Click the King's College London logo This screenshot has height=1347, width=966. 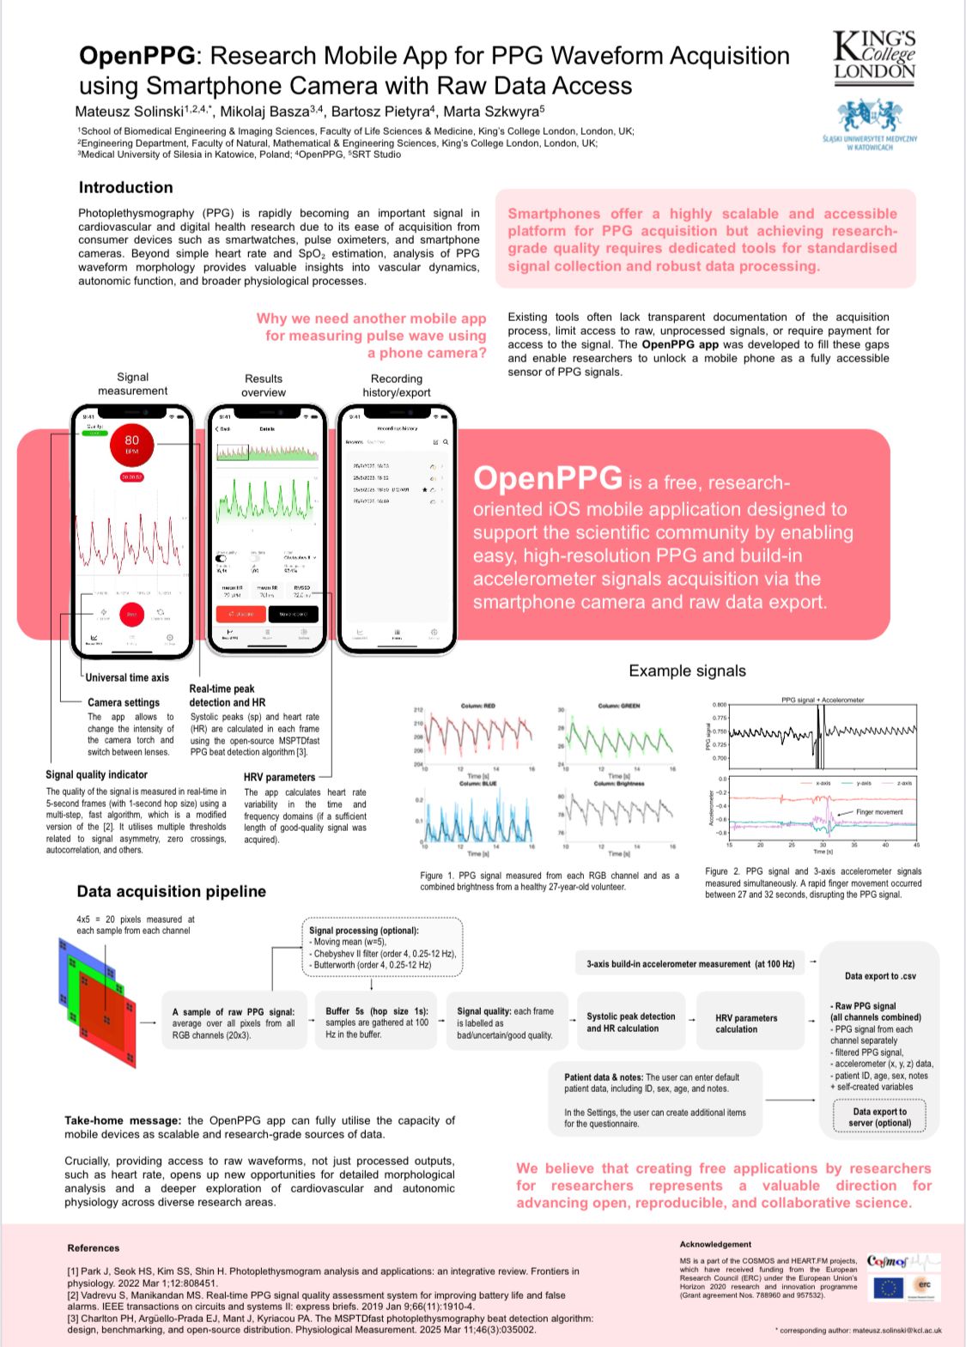pos(874,56)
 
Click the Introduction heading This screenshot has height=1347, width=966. pos(125,187)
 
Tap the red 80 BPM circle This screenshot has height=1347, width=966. pos(131,445)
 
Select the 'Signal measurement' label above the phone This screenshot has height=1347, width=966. pos(132,384)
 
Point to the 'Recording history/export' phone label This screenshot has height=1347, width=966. pos(396,385)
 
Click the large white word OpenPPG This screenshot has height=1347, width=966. pos(547,478)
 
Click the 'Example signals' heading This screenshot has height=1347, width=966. pos(687,670)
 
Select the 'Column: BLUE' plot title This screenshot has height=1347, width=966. pos(477,783)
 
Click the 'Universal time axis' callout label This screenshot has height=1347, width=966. pos(127,677)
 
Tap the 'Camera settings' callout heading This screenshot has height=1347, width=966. pos(123,702)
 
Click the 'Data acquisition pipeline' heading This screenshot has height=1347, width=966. pos(171,891)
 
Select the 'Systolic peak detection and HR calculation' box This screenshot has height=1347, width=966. pos(630,1022)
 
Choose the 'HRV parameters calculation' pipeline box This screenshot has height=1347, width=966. pos(745,1022)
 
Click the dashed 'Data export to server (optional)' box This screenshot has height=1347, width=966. pos(879,1117)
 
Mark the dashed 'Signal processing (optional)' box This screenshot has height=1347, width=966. pos(382,947)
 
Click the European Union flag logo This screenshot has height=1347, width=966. pos(888,1287)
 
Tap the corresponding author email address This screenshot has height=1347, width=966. pos(896,1330)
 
